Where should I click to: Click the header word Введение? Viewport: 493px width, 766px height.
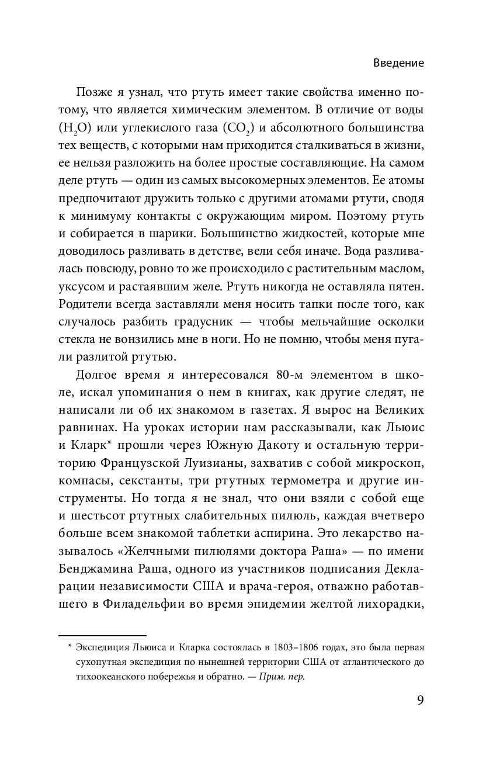tap(398, 63)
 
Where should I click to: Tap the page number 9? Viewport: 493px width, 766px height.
tap(420, 701)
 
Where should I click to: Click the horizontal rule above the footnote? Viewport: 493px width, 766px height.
tap(102, 635)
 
